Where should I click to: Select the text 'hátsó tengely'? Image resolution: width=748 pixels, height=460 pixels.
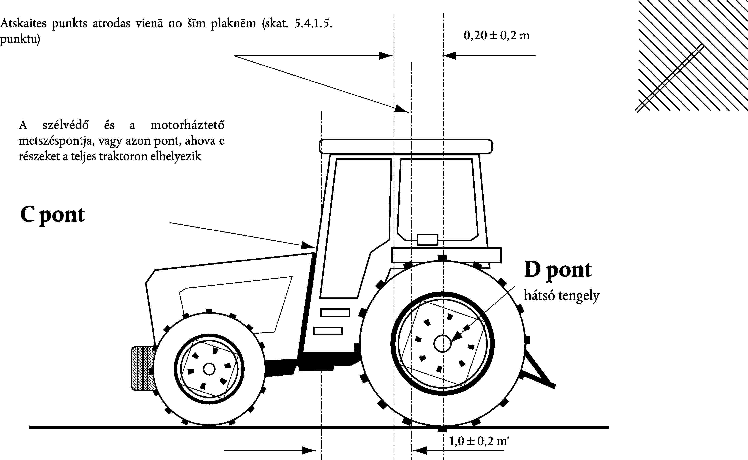point(562,296)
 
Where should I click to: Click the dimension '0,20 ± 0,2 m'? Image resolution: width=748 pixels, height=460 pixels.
point(496,36)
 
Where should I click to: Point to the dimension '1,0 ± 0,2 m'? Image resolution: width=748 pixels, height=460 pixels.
point(478,441)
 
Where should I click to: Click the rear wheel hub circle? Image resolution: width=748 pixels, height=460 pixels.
point(443,344)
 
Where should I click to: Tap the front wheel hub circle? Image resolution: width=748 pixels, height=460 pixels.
point(209,369)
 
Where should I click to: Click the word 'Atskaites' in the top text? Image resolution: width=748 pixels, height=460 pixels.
point(23,23)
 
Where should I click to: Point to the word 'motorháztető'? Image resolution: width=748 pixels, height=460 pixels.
point(187,125)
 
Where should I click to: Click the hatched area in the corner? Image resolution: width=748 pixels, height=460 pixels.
point(694,56)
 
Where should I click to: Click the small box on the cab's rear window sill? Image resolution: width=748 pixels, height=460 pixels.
point(427,239)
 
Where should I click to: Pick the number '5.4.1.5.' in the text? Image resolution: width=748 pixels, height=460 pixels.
point(313,23)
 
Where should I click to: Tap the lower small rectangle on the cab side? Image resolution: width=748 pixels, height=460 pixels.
point(328,331)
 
